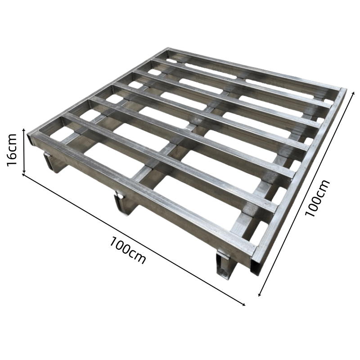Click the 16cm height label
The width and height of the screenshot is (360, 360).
(x=12, y=150)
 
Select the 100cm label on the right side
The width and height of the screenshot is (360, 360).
(x=317, y=198)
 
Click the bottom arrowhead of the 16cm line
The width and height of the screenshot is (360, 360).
(x=24, y=171)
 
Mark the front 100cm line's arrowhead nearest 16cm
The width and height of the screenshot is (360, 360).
(x=23, y=175)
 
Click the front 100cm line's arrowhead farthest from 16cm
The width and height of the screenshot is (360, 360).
(x=244, y=305)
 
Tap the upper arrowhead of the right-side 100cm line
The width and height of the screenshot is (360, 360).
(x=354, y=93)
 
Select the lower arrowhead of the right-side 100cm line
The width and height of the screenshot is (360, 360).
(x=260, y=295)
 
